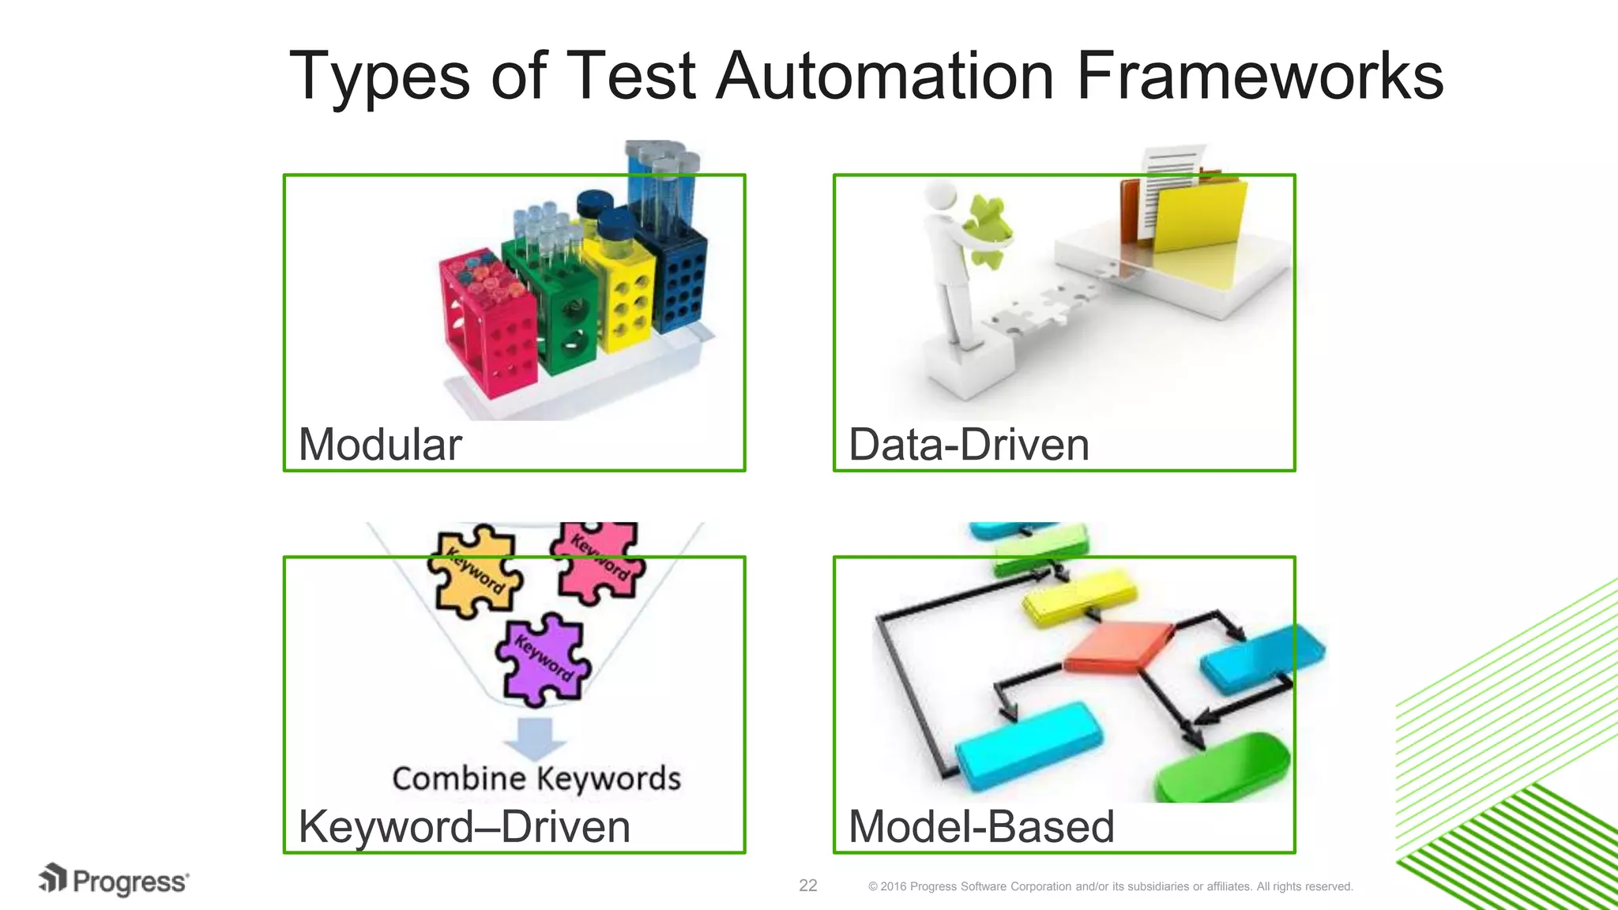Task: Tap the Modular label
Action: click(x=380, y=445)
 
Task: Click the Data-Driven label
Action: click(x=969, y=445)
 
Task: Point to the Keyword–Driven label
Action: click(x=464, y=827)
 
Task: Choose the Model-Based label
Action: click(x=980, y=827)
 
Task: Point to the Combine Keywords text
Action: click(x=536, y=779)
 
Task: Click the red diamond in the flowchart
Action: click(x=1119, y=646)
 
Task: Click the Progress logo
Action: click(x=114, y=881)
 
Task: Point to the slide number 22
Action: click(x=808, y=886)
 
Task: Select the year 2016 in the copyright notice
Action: click(x=893, y=887)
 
